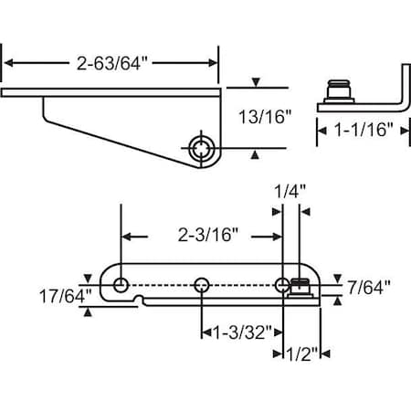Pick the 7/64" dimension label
point(369,287)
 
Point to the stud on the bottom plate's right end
point(300,288)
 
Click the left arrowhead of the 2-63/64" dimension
point(12,63)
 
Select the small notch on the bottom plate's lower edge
point(138,299)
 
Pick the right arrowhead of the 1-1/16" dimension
point(403,131)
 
